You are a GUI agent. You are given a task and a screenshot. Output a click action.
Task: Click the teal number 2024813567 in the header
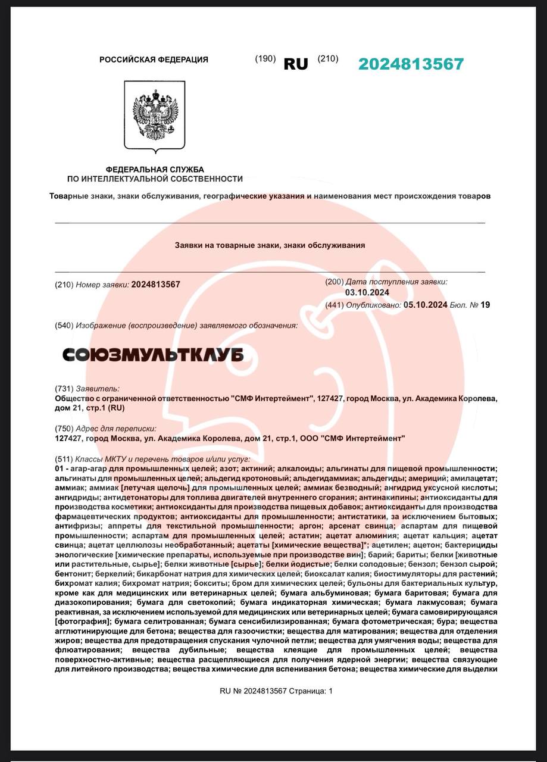pyautogui.click(x=411, y=64)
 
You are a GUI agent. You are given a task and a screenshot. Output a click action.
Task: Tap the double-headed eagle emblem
pyautogui.click(x=154, y=115)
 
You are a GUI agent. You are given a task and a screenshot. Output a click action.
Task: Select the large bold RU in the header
pyautogui.click(x=296, y=64)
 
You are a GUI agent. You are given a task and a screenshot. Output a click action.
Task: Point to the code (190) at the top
pyautogui.click(x=265, y=59)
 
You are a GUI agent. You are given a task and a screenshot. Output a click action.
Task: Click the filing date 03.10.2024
pyautogui.click(x=367, y=292)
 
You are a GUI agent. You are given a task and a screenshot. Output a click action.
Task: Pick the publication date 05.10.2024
pyautogui.click(x=425, y=305)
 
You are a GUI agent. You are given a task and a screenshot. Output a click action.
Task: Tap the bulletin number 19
pyautogui.click(x=485, y=305)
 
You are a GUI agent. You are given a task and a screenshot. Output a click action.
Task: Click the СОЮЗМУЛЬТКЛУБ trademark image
pyautogui.click(x=153, y=355)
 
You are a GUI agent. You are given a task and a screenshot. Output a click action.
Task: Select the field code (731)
pyautogui.click(x=64, y=388)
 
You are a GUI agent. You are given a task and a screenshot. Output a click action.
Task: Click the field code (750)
pyautogui.click(x=64, y=429)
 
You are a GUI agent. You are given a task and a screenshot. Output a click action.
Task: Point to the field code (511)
pyautogui.click(x=64, y=460)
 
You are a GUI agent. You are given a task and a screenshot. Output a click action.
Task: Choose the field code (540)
pyautogui.click(x=64, y=326)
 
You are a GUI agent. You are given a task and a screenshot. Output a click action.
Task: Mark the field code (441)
pyautogui.click(x=335, y=305)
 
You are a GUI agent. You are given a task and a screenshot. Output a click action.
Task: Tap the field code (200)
pyautogui.click(x=335, y=282)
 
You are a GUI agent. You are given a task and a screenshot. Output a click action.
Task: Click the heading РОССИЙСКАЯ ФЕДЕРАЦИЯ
pyautogui.click(x=154, y=60)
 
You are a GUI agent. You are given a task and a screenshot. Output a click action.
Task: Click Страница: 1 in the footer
pyautogui.click(x=314, y=691)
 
